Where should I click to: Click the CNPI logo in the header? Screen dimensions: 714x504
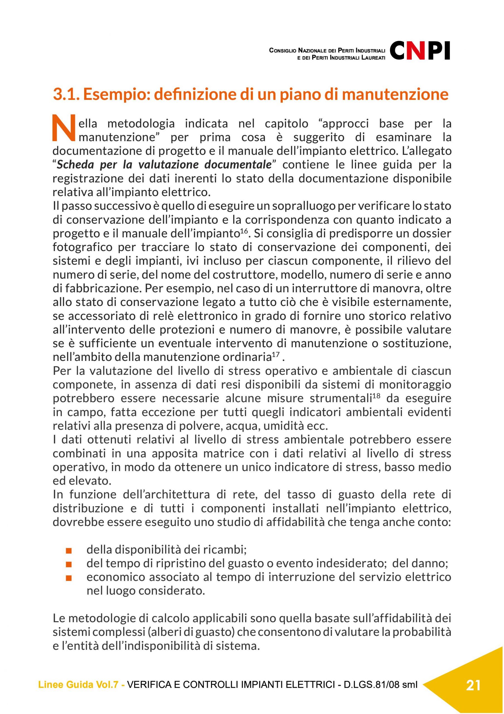pos(420,51)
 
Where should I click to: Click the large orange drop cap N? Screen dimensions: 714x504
pos(64,127)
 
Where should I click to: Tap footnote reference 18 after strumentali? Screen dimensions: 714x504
pos(376,395)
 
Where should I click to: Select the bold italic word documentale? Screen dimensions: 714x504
pos(238,165)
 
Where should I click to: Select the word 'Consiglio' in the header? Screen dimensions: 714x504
pos(283,50)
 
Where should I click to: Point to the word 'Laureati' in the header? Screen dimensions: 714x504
pos(374,58)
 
